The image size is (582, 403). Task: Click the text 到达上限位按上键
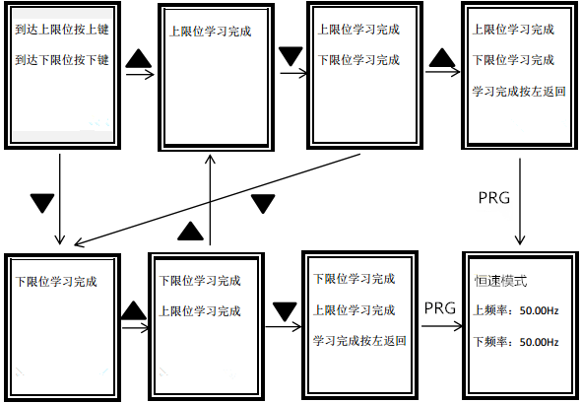(x=61, y=30)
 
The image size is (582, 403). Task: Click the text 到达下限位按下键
(x=61, y=60)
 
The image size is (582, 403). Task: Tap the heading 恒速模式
(x=499, y=281)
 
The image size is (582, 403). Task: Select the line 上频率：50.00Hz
(x=516, y=311)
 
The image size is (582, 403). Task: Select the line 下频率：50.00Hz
(x=516, y=342)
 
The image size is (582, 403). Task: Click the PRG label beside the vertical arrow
(x=492, y=197)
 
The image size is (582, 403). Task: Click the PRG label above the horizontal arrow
(x=440, y=308)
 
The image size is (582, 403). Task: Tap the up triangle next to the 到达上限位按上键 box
(x=140, y=61)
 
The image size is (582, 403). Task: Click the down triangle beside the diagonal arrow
(x=263, y=203)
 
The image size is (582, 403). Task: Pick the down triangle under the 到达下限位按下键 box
(x=42, y=202)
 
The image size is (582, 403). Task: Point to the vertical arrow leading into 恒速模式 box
(x=520, y=197)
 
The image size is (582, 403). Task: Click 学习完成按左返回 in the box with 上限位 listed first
(x=519, y=91)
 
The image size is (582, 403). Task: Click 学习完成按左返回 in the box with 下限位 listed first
(x=359, y=341)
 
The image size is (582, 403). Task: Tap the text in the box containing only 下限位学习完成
(x=57, y=282)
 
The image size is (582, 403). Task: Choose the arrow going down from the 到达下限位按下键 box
(x=61, y=197)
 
